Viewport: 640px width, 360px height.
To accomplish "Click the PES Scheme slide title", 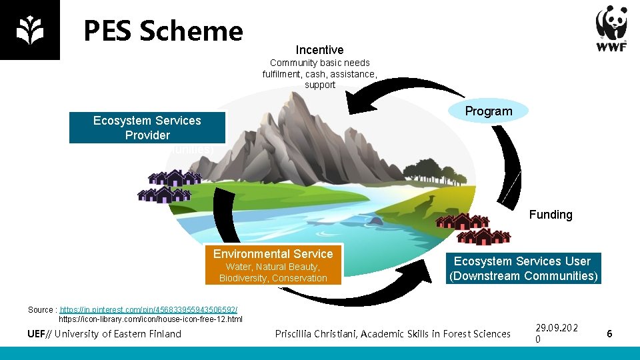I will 163,31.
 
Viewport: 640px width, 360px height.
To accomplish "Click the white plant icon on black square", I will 29,30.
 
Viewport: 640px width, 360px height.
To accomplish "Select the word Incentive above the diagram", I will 319,50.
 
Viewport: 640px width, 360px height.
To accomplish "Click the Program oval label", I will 489,111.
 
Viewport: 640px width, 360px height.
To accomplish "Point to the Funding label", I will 551,215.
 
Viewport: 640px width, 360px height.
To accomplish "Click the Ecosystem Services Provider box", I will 147,128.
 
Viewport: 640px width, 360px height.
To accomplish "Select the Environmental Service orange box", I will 273,265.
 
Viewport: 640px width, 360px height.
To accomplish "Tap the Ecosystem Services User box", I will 523,269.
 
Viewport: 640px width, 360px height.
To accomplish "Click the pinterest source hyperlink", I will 148,310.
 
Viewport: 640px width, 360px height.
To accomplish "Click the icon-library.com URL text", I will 151,319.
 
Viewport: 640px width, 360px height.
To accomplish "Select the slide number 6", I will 609,333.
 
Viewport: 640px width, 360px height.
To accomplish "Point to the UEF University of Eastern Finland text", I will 105,334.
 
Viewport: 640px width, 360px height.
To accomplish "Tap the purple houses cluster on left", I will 169,185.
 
